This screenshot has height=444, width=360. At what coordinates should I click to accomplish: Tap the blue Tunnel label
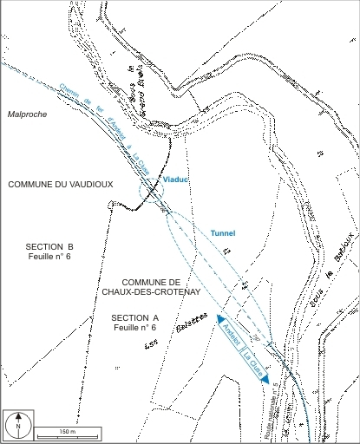pyautogui.click(x=224, y=233)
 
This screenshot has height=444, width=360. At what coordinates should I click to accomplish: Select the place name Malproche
pyautogui.click(x=25, y=114)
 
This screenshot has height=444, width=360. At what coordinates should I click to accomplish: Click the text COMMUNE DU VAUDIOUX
pyautogui.click(x=61, y=184)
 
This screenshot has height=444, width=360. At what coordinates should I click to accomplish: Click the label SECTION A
pyautogui.click(x=135, y=318)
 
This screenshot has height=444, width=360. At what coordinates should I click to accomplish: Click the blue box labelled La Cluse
pyautogui.click(x=252, y=363)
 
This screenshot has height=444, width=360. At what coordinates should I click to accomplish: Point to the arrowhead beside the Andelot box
pyautogui.click(x=221, y=318)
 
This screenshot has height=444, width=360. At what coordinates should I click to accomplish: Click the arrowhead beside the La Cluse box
pyautogui.click(x=265, y=379)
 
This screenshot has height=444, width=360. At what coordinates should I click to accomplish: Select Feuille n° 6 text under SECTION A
pyautogui.click(x=134, y=330)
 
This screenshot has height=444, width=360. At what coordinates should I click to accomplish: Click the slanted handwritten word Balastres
pyautogui.click(x=173, y=330)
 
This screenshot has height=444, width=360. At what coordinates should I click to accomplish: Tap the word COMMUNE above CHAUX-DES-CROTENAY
pyautogui.click(x=151, y=282)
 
